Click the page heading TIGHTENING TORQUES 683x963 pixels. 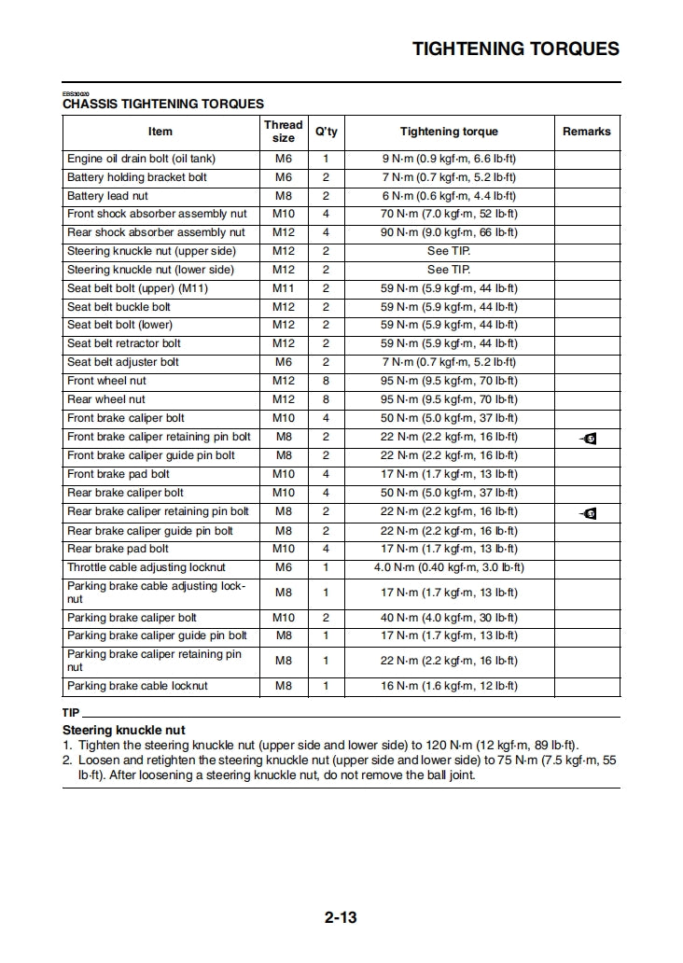[515, 49]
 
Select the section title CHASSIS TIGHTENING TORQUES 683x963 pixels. [163, 105]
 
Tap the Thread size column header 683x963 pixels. [283, 131]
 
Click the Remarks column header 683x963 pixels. [586, 132]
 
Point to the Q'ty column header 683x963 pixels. [326, 132]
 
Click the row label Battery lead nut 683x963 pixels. [107, 196]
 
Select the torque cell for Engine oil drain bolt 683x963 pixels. [449, 159]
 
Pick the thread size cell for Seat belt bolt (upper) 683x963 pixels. [283, 288]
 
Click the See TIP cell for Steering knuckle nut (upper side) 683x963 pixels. [449, 251]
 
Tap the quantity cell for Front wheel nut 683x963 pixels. [326, 381]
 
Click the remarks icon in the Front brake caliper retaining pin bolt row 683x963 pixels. [587, 438]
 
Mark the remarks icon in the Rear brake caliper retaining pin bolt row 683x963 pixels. [587, 512]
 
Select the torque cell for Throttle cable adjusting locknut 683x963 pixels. [449, 567]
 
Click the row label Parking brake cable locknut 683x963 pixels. [137, 686]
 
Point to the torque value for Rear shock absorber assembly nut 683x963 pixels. [449, 232]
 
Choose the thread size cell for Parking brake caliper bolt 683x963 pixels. [283, 618]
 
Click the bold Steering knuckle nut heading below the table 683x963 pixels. [123, 730]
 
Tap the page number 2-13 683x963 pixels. [341, 917]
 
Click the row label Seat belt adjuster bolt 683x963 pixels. [122, 362]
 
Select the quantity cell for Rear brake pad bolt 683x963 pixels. [326, 549]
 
